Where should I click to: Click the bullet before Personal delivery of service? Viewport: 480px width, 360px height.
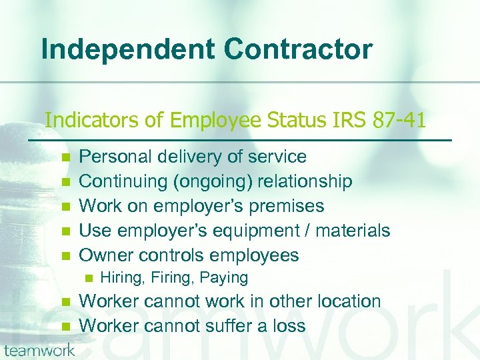click(65, 157)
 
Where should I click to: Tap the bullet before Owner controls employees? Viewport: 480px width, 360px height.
click(65, 256)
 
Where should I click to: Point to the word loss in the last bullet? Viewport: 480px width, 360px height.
click(289, 325)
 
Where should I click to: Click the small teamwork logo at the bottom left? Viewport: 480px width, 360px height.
click(38, 350)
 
